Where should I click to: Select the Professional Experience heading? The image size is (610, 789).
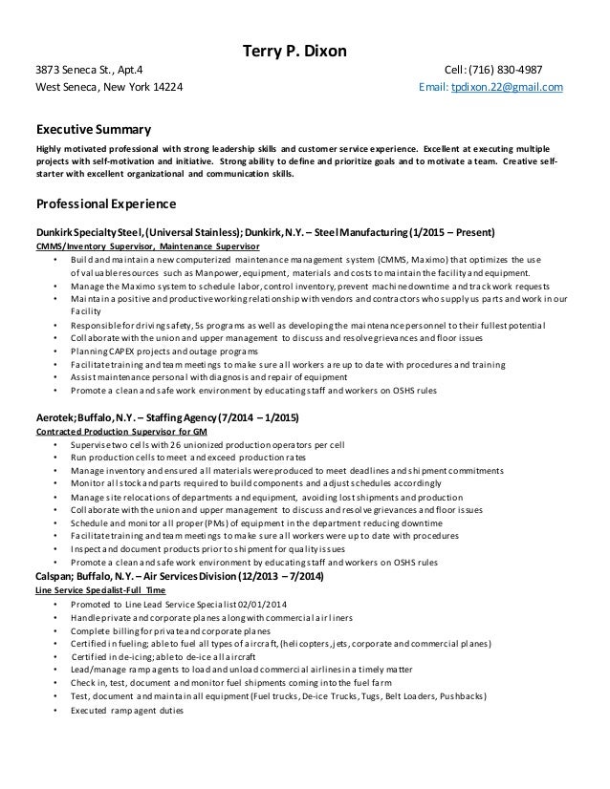point(105,204)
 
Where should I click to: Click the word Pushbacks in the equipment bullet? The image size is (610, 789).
point(453,698)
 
